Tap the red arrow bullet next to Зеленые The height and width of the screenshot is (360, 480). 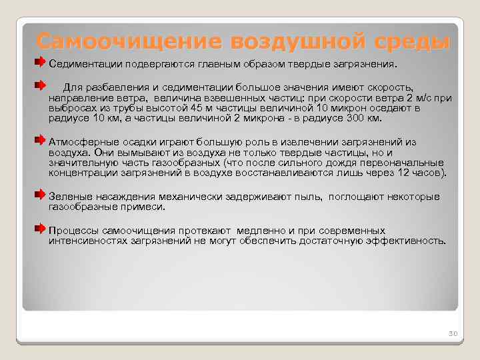[x=41, y=195]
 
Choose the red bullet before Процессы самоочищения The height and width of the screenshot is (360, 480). [x=41, y=227]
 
